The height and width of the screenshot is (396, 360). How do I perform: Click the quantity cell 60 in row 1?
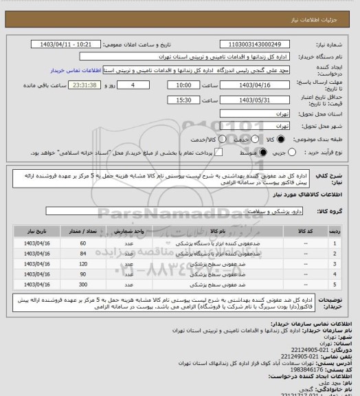pyautogui.click(x=83, y=244)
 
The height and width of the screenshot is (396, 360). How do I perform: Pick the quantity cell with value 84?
pyautogui.click(x=83, y=254)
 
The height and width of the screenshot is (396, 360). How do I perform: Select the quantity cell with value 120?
pyautogui.click(x=83, y=263)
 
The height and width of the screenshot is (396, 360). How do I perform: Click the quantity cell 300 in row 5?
pyautogui.click(x=83, y=283)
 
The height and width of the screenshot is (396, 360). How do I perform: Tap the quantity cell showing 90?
pyautogui.click(x=83, y=274)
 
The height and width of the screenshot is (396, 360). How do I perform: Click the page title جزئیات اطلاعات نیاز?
pyautogui.click(x=324, y=7)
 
